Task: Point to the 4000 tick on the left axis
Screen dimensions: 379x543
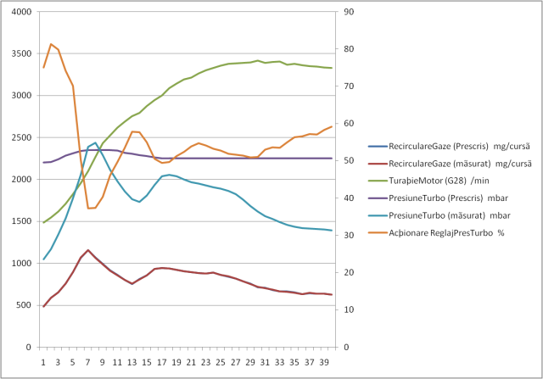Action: pos(20,13)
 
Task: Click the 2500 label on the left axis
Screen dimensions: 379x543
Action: pos(20,138)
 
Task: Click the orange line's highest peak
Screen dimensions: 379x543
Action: pos(51,44)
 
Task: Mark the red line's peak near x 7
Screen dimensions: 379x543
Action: pos(87,250)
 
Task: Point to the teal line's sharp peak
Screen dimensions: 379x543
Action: pos(95,142)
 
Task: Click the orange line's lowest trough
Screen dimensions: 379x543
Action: pos(88,208)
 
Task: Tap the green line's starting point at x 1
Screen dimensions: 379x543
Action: pos(43,222)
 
